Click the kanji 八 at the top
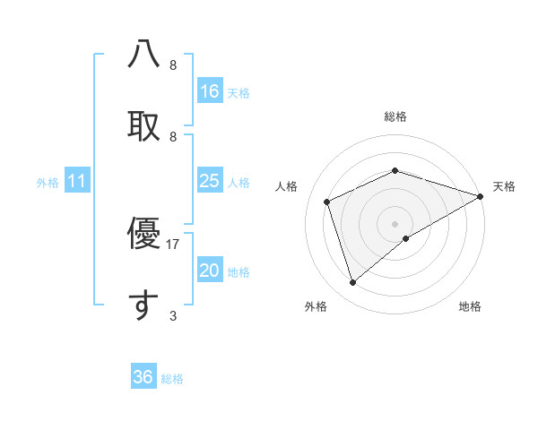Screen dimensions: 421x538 coord(143,55)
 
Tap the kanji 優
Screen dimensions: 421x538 coord(143,234)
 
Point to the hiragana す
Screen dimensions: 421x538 coord(143,305)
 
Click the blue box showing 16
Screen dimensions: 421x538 coord(210,91)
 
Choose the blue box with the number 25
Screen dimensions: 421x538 coord(210,181)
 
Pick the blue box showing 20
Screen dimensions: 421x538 coord(210,271)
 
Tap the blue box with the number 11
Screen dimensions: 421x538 coord(77,181)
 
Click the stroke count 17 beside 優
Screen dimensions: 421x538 coord(173,244)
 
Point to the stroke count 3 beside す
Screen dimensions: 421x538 coord(173,315)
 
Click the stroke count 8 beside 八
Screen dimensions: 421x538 coord(173,64)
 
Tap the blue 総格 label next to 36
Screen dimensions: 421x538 coord(172,379)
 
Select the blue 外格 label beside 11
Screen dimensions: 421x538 coord(48,182)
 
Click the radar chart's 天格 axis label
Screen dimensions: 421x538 coord(504,186)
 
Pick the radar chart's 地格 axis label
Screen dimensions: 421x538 coord(470,306)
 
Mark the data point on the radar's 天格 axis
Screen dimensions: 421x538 coord(480,195)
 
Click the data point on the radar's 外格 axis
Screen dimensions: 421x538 coord(353,282)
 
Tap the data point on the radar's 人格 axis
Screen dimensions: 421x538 coord(327,202)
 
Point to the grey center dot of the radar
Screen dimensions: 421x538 coord(395,223)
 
